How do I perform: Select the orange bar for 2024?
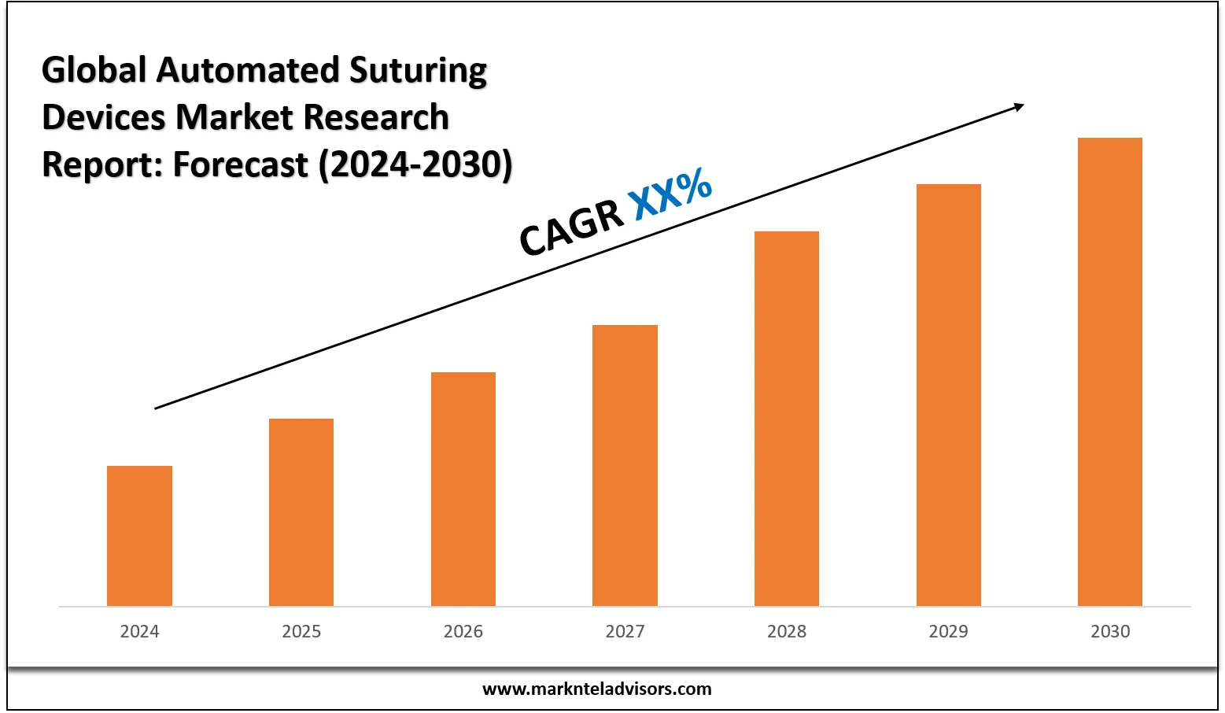[x=139, y=536]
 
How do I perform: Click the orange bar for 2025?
[x=301, y=512]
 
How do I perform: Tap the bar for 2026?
[x=463, y=489]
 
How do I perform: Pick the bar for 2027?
[x=625, y=465]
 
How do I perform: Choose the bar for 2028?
[x=787, y=419]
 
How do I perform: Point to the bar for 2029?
[x=949, y=395]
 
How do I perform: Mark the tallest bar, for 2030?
[x=1110, y=371]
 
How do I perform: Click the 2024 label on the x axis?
[x=139, y=631]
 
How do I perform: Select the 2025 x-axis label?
[x=301, y=631]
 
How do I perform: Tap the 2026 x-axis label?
[x=463, y=631]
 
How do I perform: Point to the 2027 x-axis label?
[x=625, y=631]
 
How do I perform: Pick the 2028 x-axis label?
[x=787, y=631]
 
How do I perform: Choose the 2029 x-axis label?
[x=949, y=631]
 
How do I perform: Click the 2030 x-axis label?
[x=1110, y=631]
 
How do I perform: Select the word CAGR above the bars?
[x=571, y=228]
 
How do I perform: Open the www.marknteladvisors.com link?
[x=596, y=689]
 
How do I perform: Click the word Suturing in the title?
[x=418, y=71]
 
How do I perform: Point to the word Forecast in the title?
[x=241, y=164]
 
